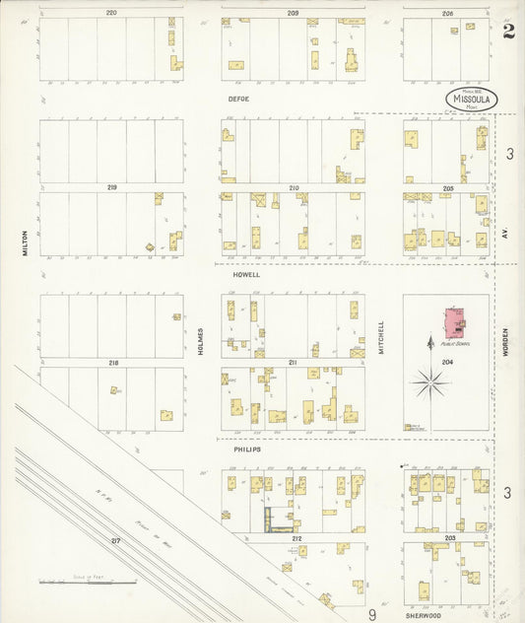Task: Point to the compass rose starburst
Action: coord(430,382)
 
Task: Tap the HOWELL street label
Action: coord(247,275)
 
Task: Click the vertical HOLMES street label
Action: coord(200,340)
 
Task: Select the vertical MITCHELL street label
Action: coord(381,335)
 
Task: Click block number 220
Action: coord(111,12)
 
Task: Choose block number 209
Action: coord(293,12)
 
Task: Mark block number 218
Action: coord(113,363)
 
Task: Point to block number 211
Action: coord(293,363)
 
